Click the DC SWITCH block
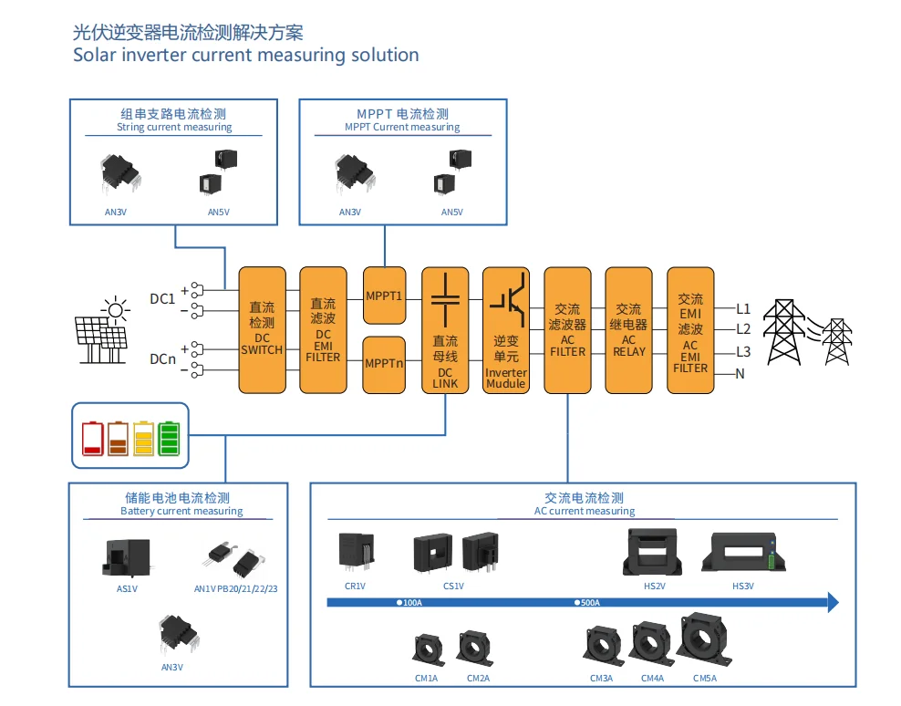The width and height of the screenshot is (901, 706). tap(262, 329)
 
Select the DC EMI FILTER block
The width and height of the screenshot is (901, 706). tap(324, 329)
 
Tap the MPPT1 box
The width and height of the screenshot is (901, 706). tap(384, 296)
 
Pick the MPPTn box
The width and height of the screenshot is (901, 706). tap(384, 364)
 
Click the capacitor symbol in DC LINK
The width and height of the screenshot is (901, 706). tap(445, 298)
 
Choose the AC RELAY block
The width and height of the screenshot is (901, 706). tap(628, 329)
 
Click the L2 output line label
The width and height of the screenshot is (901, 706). tap(743, 329)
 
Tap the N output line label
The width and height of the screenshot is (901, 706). tap(740, 373)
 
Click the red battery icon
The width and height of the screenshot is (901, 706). tap(93, 438)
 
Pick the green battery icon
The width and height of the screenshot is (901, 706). tap(170, 438)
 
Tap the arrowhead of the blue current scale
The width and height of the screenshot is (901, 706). tap(833, 602)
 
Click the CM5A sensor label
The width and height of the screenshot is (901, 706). tap(705, 678)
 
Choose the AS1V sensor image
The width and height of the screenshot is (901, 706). tap(125, 557)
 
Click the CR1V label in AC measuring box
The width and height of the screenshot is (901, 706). tap(355, 586)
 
